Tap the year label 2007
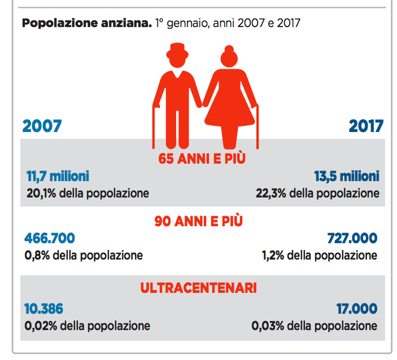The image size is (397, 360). pyautogui.click(x=42, y=126)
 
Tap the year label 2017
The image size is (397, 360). pyautogui.click(x=365, y=126)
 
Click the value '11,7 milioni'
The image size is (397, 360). pyautogui.click(x=58, y=176)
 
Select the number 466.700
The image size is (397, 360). pyautogui.click(x=50, y=238)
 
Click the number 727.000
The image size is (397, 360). pyautogui.click(x=352, y=238)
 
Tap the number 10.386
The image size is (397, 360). pyautogui.click(x=44, y=309)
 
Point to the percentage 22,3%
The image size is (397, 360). pyautogui.click(x=269, y=194)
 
